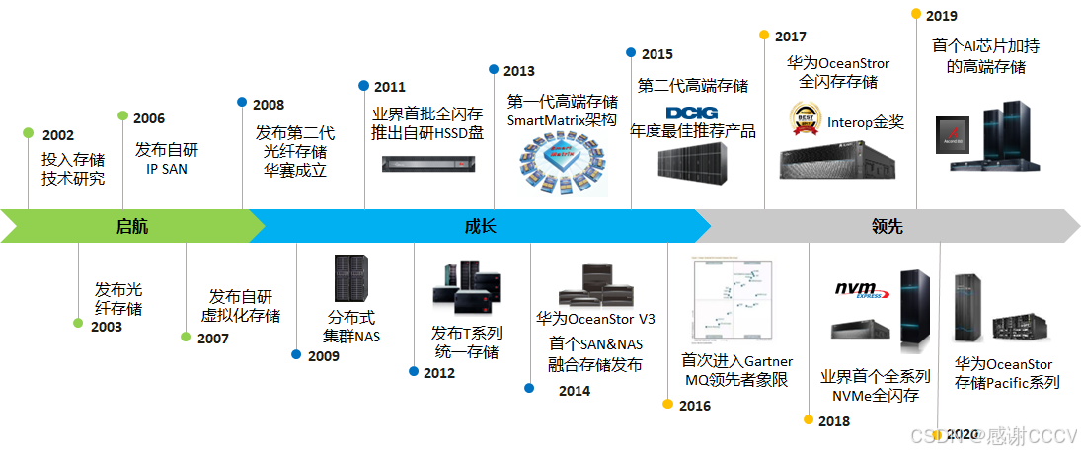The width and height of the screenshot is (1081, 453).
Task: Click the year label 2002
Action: click(x=58, y=135)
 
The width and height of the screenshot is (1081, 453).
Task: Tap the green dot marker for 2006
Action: click(x=122, y=115)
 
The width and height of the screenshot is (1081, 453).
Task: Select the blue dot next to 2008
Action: click(x=242, y=101)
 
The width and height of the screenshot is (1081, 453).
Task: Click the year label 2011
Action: click(x=389, y=87)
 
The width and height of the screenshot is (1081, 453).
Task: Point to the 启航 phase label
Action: click(x=131, y=226)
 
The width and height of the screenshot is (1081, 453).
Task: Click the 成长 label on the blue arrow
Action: click(x=481, y=226)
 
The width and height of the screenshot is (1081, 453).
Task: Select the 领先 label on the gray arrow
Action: click(x=887, y=226)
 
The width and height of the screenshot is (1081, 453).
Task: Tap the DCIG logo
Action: click(x=693, y=113)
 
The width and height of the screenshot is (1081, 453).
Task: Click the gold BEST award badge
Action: click(x=807, y=119)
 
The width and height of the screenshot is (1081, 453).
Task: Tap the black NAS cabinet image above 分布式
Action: click(x=351, y=278)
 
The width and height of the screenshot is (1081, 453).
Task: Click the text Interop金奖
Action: click(x=866, y=123)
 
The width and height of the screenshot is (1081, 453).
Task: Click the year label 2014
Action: click(x=574, y=391)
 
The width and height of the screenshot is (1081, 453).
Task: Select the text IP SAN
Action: click(x=166, y=169)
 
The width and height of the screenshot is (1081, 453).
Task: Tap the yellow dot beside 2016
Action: click(x=667, y=404)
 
